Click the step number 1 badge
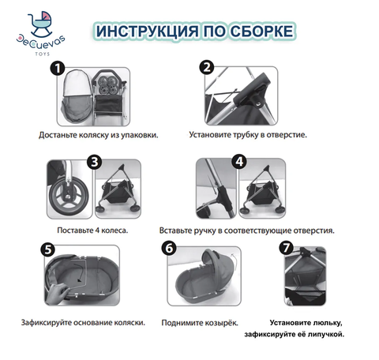coord(58,69)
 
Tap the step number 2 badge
coord(207,68)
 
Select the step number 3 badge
coord(95,162)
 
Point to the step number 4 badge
coord(239,161)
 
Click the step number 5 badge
coord(48,249)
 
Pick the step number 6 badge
coord(169,248)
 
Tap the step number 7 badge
coord(287,248)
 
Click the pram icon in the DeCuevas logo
coord(40,24)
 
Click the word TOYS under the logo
coord(43,54)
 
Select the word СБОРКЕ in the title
coord(261,31)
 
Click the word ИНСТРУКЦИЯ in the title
coord(147,31)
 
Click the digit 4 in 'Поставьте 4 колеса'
coord(97,231)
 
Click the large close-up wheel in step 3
coord(69,196)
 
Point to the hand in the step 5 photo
coord(57,293)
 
